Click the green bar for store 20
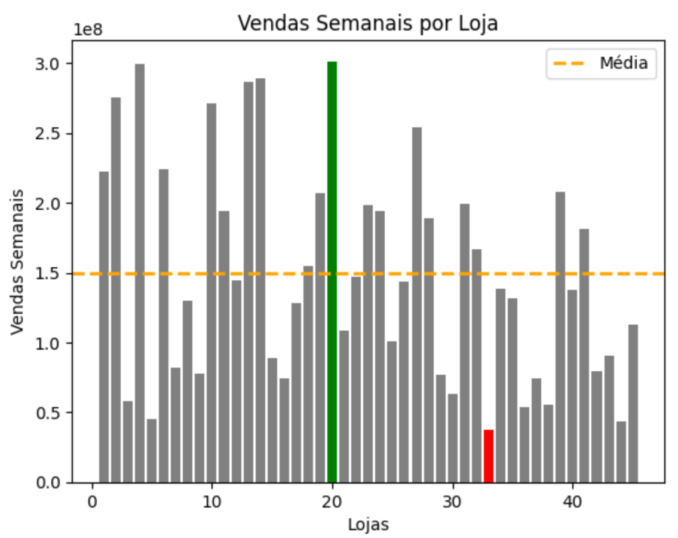(332, 272)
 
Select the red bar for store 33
(489, 456)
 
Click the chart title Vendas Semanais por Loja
(367, 23)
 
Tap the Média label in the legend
(624, 63)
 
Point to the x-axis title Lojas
(368, 525)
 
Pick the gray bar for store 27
(416, 305)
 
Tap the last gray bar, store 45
(633, 403)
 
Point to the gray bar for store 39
(560, 337)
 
